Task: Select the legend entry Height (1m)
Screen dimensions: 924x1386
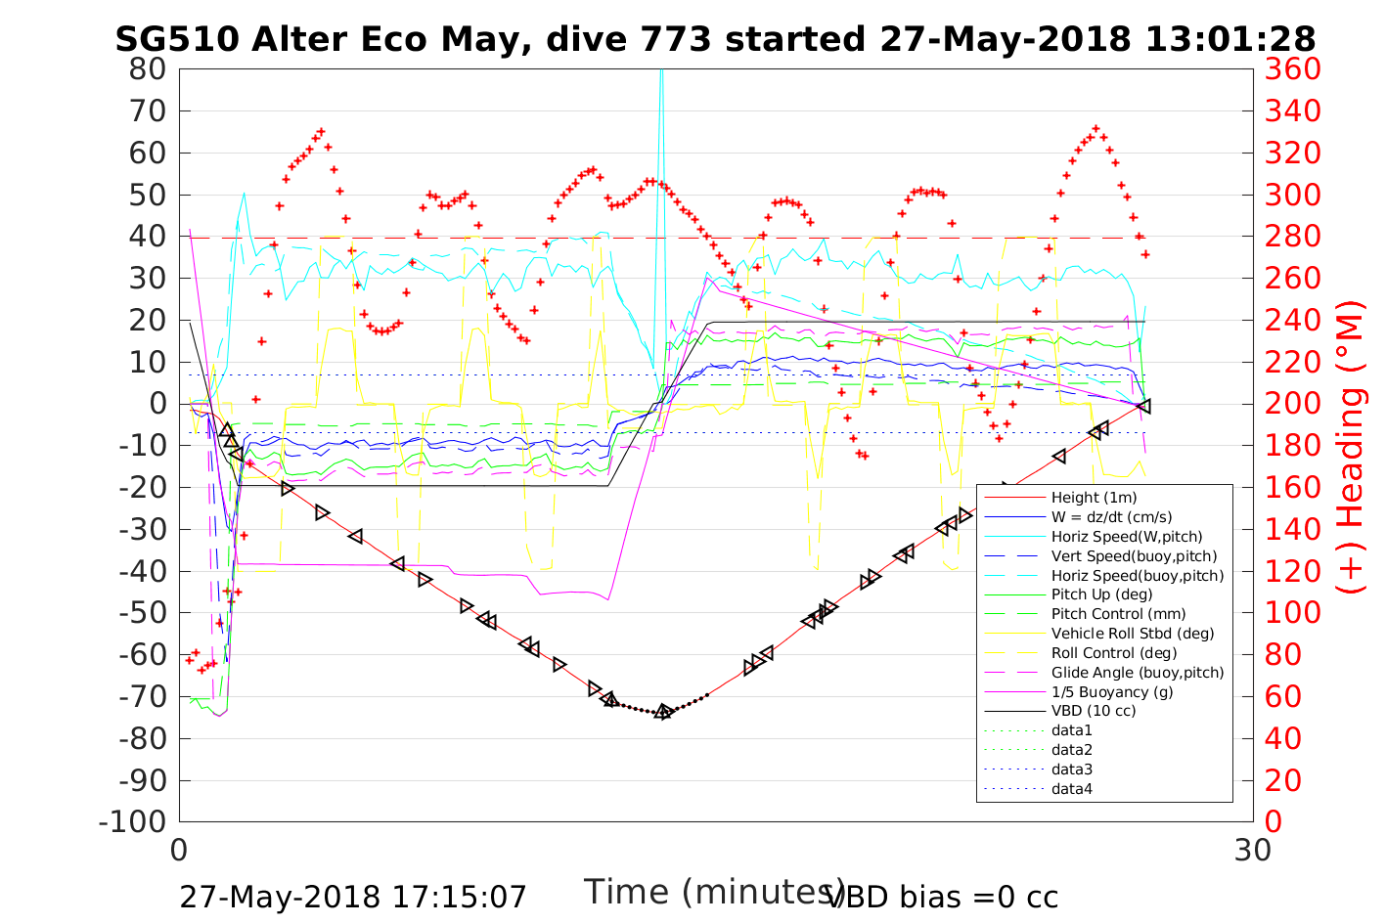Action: pos(1094,498)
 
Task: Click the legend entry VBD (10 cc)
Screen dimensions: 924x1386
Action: pos(1094,711)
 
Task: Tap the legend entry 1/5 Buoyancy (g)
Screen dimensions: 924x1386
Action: pos(1112,691)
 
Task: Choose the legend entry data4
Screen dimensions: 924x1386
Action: pos(1072,788)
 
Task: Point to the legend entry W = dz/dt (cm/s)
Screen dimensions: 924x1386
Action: pos(1111,517)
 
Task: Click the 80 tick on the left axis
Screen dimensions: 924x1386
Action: pos(148,69)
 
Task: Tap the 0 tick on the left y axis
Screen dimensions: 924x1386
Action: pos(158,404)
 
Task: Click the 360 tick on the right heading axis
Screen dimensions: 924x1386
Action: pos(1292,69)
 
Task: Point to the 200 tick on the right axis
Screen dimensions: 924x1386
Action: pos(1292,404)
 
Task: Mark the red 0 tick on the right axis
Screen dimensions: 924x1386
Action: pos(1273,821)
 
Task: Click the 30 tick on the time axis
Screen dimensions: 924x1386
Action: pos(1253,851)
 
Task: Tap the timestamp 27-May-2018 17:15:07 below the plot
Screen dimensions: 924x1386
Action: pos(353,897)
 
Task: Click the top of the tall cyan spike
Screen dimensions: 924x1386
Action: pos(662,71)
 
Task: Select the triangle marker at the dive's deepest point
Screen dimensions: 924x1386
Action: pos(663,712)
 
